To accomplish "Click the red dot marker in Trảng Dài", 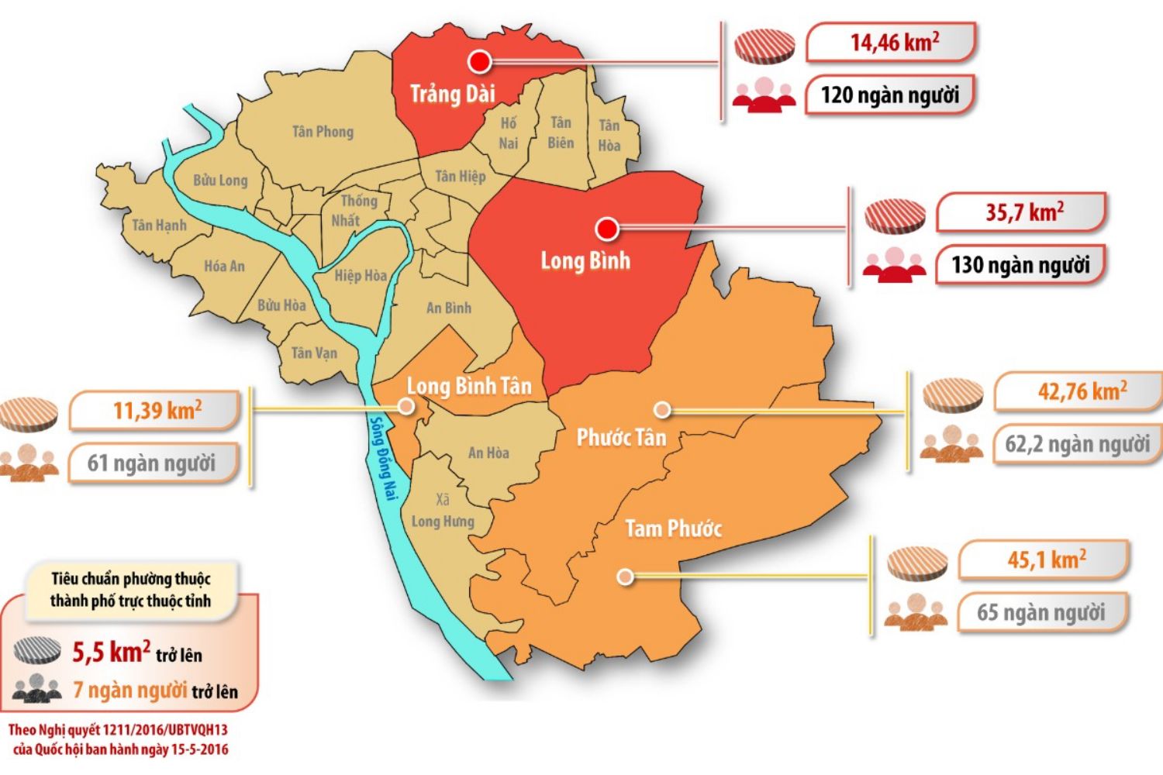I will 480,61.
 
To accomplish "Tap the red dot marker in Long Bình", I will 606,229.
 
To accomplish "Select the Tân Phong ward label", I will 323,132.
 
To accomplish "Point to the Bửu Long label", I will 220,181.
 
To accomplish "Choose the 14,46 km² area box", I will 892,43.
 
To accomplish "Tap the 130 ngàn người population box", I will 1020,265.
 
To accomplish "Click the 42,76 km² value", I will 1082,391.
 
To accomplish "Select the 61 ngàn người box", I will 152,463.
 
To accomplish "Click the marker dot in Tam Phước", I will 625,577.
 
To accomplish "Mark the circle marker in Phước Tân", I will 661,409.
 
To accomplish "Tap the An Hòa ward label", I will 488,453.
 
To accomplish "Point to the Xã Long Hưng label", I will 442,511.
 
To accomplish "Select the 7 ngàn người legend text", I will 130,690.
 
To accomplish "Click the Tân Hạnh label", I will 159,226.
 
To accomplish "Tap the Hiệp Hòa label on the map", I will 361,276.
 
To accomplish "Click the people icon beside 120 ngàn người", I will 764,95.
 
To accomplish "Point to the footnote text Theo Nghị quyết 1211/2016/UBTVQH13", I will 118,729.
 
